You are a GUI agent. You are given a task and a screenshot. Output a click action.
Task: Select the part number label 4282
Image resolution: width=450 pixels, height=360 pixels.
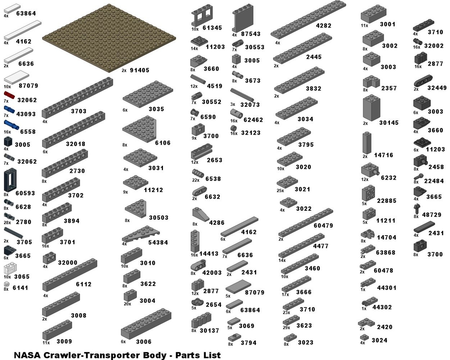323,26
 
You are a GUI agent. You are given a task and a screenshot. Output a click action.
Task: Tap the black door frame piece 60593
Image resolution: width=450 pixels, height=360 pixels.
10,180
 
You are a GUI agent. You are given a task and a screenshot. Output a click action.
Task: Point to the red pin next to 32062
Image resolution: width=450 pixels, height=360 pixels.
9,95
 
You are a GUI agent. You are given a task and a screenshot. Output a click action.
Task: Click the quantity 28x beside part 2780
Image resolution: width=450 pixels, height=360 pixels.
7,222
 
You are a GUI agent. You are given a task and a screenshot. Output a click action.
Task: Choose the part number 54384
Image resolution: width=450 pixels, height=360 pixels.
158,242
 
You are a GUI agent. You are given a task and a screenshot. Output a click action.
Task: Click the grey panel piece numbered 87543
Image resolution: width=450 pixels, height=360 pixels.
243,18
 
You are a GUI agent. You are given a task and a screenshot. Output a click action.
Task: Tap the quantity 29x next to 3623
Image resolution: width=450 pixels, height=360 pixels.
286,327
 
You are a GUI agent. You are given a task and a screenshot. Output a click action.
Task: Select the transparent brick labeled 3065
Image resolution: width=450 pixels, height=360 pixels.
10,268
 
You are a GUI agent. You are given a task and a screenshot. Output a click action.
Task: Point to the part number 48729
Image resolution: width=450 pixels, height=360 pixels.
431,215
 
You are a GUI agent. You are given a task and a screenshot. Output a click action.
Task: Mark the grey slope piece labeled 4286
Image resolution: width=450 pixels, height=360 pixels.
201,215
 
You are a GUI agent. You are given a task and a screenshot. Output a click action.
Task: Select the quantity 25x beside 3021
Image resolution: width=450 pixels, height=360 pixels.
280,191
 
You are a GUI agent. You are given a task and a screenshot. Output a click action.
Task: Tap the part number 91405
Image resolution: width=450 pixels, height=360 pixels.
139,70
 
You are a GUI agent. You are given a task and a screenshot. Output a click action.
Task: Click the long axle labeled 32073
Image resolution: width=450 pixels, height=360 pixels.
242,95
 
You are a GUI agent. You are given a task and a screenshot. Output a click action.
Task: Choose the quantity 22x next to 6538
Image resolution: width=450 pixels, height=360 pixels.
196,180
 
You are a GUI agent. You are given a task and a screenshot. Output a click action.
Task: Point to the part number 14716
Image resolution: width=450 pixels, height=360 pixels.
384,155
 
